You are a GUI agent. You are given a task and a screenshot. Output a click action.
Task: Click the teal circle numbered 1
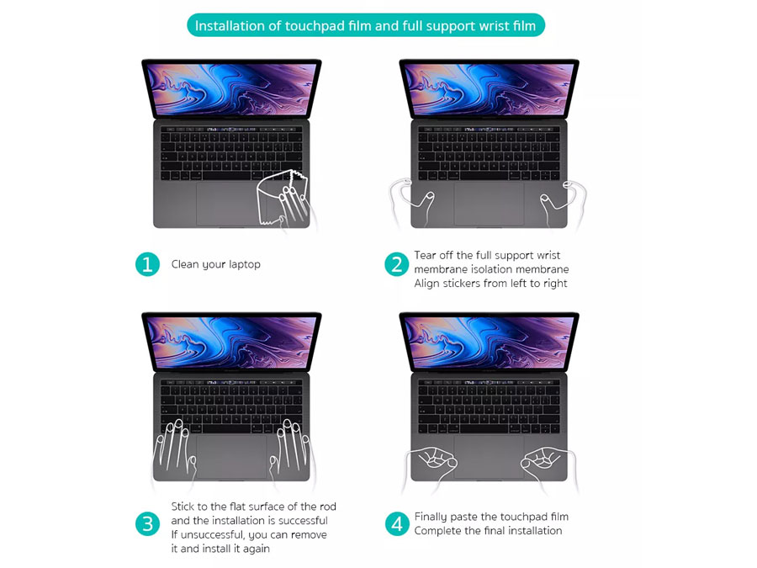click(147, 264)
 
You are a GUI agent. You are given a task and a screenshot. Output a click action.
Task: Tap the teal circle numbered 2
click(396, 264)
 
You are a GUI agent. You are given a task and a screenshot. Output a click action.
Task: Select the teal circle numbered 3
click(147, 524)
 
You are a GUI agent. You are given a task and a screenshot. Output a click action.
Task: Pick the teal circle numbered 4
click(397, 524)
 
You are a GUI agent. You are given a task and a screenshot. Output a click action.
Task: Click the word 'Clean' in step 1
click(185, 264)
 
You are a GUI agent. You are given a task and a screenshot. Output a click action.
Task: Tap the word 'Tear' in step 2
click(425, 255)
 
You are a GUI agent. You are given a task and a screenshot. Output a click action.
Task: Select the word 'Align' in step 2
click(426, 284)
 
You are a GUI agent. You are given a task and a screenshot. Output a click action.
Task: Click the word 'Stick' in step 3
click(183, 507)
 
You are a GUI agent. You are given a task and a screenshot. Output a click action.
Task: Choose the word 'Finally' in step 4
click(431, 517)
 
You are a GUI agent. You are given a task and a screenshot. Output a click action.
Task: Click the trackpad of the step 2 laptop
click(489, 204)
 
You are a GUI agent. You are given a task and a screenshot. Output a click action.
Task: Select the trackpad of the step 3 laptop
click(231, 456)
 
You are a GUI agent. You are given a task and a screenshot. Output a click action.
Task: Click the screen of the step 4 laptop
click(489, 341)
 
